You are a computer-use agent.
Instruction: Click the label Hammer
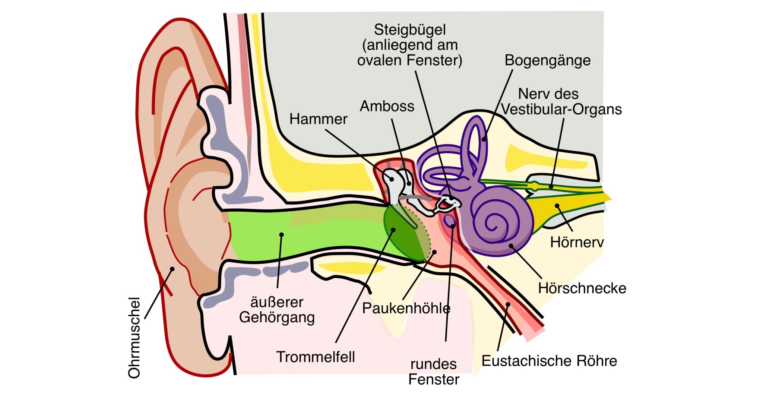318,119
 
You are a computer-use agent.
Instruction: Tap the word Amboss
387,107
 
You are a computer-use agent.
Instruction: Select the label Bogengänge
547,60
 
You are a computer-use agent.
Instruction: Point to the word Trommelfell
316,357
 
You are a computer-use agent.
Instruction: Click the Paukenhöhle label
406,309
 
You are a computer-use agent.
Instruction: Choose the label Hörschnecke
582,288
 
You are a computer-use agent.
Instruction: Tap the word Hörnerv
577,243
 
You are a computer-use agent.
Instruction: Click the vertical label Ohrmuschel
134,338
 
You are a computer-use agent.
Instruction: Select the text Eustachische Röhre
549,361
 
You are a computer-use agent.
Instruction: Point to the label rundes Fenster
434,372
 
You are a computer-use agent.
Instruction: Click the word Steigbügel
410,30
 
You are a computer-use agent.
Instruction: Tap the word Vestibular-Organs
561,110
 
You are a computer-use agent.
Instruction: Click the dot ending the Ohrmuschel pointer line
172,269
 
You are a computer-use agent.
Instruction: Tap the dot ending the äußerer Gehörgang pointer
282,235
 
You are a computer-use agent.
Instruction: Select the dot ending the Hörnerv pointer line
557,206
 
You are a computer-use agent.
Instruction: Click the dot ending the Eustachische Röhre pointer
508,305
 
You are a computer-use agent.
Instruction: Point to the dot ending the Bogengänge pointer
484,140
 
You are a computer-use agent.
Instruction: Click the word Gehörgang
277,318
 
